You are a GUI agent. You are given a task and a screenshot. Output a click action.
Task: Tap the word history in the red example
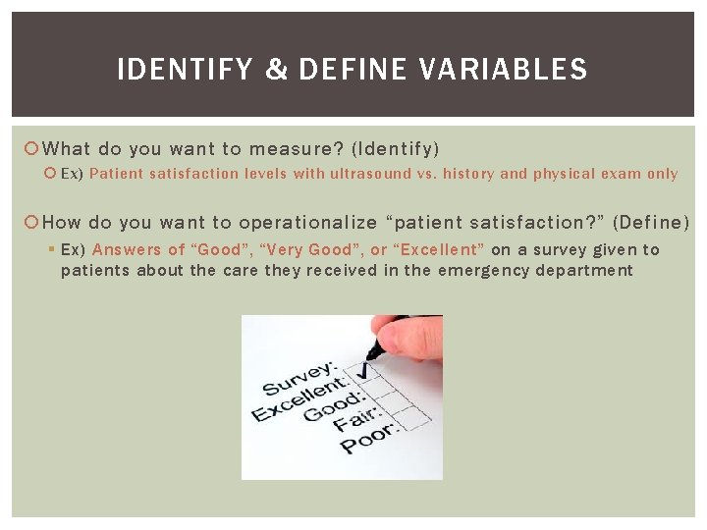tap(468, 174)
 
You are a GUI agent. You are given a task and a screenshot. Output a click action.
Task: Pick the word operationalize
tap(313, 223)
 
